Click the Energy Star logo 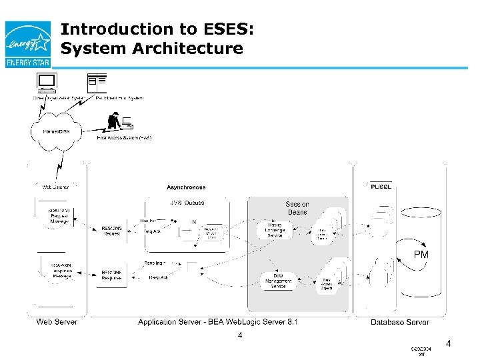(x=27, y=44)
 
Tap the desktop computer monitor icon (x=47, y=83)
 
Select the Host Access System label (x=124, y=137)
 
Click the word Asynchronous (x=186, y=187)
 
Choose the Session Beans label (x=297, y=208)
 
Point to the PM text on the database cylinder (x=421, y=255)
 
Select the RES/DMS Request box (x=112, y=231)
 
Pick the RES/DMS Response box (x=112, y=275)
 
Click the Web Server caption (x=57, y=322)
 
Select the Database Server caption (x=400, y=323)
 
